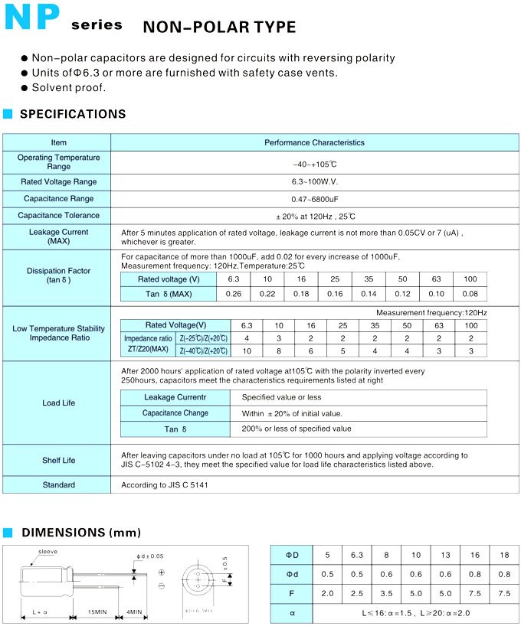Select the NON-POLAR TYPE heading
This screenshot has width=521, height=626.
[219, 27]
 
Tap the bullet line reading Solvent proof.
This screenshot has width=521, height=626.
[68, 87]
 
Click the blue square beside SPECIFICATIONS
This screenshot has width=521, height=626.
[8, 114]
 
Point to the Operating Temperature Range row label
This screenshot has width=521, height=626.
[58, 161]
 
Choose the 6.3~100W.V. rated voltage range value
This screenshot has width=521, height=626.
[315, 182]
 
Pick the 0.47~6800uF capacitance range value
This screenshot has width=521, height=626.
[315, 199]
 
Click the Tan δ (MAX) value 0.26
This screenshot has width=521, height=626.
[234, 295]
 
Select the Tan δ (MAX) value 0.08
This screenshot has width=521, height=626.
[470, 295]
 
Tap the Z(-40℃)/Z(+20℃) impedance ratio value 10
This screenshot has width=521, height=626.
[246, 351]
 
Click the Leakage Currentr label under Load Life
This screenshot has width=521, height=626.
[175, 397]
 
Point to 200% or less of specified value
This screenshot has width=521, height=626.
[297, 429]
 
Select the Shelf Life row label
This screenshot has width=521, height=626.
[58, 461]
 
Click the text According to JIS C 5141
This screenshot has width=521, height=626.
[165, 485]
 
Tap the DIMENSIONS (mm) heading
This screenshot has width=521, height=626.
[80, 533]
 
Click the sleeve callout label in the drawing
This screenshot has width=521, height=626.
[48, 551]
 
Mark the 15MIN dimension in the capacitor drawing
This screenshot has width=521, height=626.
[96, 613]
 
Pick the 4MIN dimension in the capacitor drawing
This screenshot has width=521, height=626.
[135, 613]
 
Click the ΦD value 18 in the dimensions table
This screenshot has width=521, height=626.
[504, 553]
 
